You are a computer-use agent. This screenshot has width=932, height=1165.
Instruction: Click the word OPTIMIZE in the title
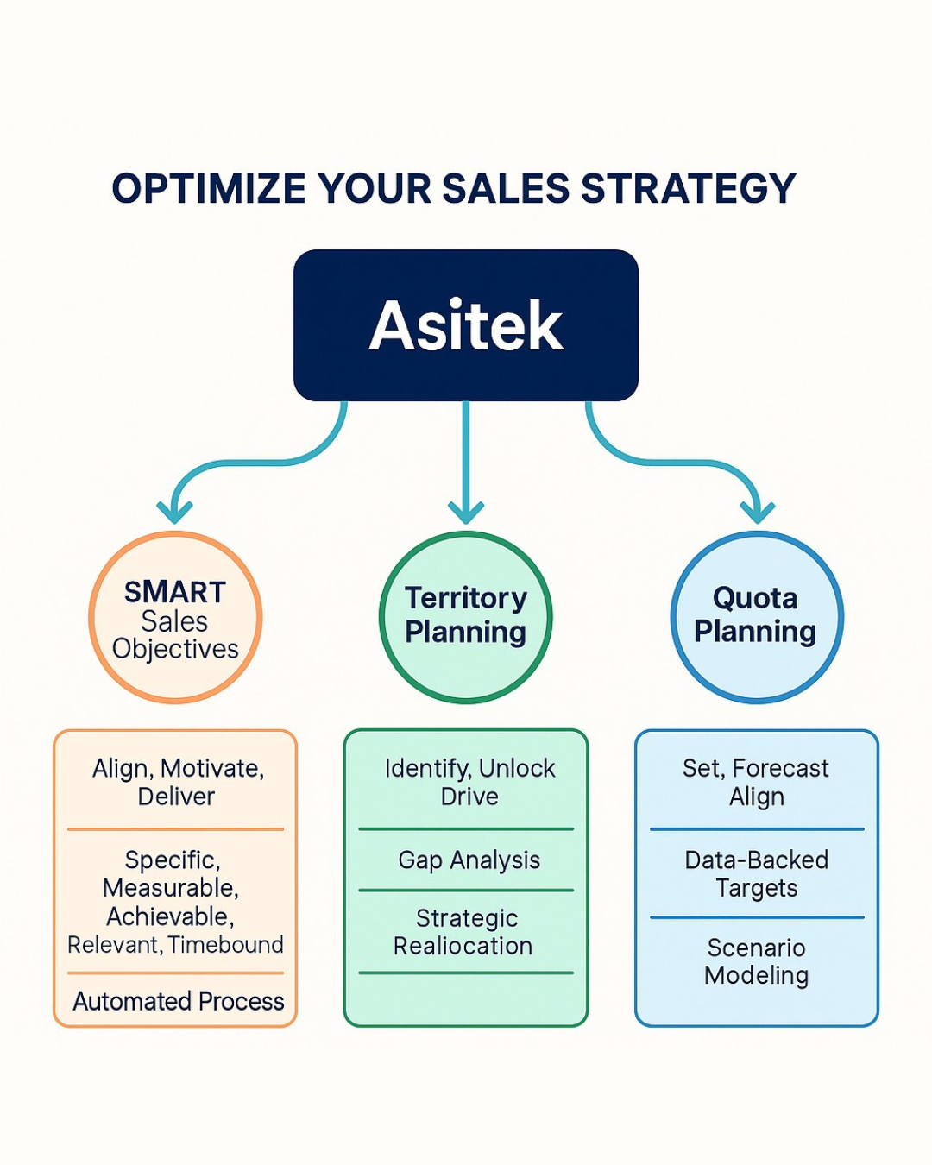(209, 188)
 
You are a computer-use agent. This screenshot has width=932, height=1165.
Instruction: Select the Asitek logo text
(466, 326)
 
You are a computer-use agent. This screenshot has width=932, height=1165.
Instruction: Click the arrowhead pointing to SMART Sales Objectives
(174, 512)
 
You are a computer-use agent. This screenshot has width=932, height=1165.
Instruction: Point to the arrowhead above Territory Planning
(466, 512)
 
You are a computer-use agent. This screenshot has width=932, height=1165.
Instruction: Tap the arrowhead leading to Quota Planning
(757, 512)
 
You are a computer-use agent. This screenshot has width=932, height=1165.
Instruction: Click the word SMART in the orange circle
(175, 592)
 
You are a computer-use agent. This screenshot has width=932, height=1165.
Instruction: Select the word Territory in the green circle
(466, 599)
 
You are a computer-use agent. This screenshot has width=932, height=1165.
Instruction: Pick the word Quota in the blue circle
(755, 598)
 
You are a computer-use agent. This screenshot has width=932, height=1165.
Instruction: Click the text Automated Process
(178, 1001)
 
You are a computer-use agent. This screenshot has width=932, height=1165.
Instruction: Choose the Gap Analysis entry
(469, 860)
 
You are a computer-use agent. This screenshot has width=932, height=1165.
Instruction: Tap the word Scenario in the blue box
(756, 948)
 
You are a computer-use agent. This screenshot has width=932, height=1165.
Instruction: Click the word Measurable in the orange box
(171, 888)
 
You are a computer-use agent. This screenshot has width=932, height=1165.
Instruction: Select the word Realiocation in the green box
(463, 946)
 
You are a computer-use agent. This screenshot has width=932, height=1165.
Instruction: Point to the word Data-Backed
(757, 860)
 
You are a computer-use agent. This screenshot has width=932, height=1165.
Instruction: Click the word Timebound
(225, 945)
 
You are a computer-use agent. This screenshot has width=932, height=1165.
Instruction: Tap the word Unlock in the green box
(517, 768)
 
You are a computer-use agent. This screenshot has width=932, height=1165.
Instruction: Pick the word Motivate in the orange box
(212, 769)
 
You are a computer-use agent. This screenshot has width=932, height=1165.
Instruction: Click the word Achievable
(170, 916)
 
